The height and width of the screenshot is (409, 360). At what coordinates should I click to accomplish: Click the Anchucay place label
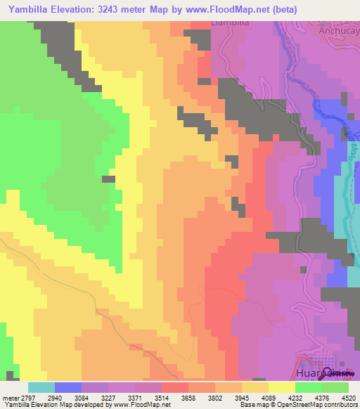(340, 30)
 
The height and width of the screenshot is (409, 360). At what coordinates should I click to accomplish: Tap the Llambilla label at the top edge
(231, 23)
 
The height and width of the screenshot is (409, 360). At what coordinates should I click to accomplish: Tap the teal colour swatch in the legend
(41, 387)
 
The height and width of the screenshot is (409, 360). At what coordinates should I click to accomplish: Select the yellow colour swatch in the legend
(282, 387)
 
